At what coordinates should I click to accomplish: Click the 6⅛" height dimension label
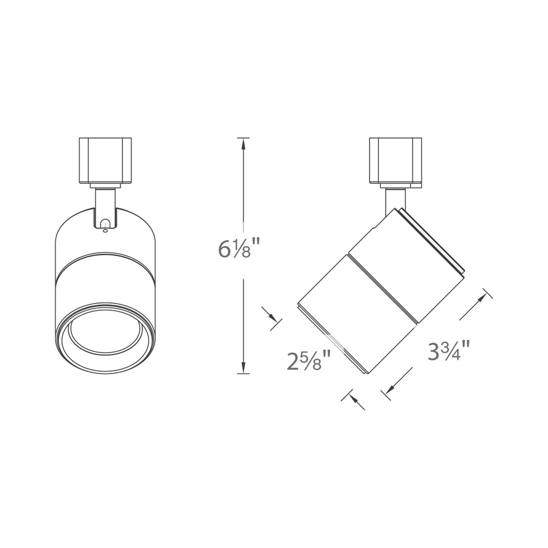(x=239, y=250)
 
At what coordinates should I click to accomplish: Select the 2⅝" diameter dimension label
(x=309, y=361)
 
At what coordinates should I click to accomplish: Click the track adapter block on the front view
(x=105, y=161)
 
